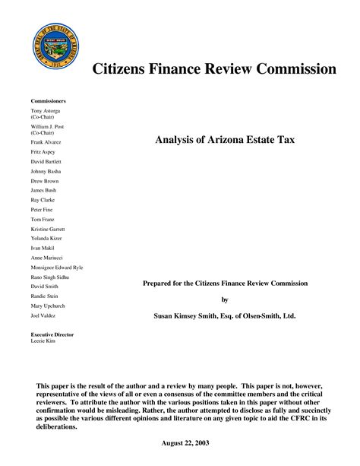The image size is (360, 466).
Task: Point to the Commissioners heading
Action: tap(48, 101)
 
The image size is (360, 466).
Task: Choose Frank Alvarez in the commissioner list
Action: tap(46, 142)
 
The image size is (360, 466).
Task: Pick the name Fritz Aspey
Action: tap(43, 152)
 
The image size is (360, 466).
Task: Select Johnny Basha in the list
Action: tap(46, 172)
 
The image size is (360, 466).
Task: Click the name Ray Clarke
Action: tap(43, 200)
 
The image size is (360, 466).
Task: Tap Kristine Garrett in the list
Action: tap(48, 229)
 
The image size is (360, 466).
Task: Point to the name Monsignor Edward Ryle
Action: tap(57, 268)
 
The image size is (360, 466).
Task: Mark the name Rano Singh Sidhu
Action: tap(50, 277)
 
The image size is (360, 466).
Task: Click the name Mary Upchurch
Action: tap(47, 306)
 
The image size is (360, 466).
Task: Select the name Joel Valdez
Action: tap(43, 315)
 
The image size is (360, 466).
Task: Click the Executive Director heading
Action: tap(53, 334)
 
